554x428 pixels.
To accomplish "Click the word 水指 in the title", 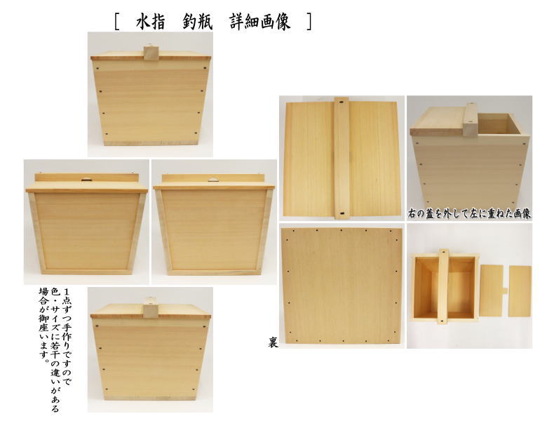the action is [x=151, y=22].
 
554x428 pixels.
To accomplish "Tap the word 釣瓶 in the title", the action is [x=198, y=22].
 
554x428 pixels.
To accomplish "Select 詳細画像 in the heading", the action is [x=260, y=22].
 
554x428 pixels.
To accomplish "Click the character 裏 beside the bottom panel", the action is [x=272, y=342].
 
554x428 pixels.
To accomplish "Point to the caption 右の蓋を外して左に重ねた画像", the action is [x=469, y=213].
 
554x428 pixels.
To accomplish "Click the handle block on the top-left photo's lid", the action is [x=150, y=54].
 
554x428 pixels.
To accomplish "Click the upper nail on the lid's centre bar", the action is [x=342, y=102].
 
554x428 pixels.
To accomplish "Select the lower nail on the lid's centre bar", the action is [x=342, y=213].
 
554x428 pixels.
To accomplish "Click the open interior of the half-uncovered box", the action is [x=498, y=123].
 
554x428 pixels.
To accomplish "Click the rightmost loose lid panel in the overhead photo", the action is [x=520, y=291].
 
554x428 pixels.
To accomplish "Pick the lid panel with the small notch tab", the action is [x=493, y=290].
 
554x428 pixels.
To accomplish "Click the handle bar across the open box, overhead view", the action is [x=443, y=287].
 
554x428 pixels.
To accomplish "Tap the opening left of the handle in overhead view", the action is [x=426, y=288].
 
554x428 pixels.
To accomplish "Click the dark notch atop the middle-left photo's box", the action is [x=86, y=180].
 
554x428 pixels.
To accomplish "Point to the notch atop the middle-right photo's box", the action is [x=213, y=180].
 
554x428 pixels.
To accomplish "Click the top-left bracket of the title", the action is [x=116, y=22].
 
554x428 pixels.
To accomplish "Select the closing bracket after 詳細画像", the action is [x=309, y=22].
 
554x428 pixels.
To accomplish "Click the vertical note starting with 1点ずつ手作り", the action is [x=55, y=351].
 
